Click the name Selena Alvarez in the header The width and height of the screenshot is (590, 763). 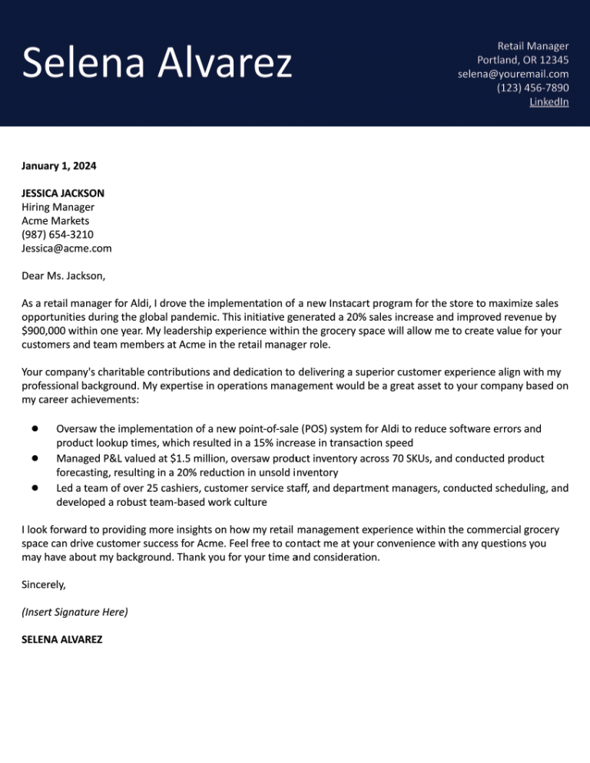click(157, 63)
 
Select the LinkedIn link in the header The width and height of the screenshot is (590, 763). click(549, 101)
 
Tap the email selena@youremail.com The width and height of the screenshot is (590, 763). click(513, 74)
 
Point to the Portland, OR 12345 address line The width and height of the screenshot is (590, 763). click(522, 60)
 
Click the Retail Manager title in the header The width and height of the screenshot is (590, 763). click(532, 46)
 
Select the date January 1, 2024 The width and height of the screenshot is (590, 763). click(59, 165)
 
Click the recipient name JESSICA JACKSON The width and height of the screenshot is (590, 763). click(63, 193)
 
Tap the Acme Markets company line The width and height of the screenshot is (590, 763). click(55, 221)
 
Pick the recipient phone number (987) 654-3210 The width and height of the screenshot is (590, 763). click(58, 235)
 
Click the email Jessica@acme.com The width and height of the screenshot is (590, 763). click(67, 249)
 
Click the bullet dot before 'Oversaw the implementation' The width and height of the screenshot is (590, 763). click(35, 428)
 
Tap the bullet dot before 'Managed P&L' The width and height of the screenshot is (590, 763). click(35, 457)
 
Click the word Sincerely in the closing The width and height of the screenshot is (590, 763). click(44, 584)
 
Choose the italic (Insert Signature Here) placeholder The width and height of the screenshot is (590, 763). click(75, 612)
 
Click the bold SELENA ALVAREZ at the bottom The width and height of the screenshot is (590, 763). click(62, 639)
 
